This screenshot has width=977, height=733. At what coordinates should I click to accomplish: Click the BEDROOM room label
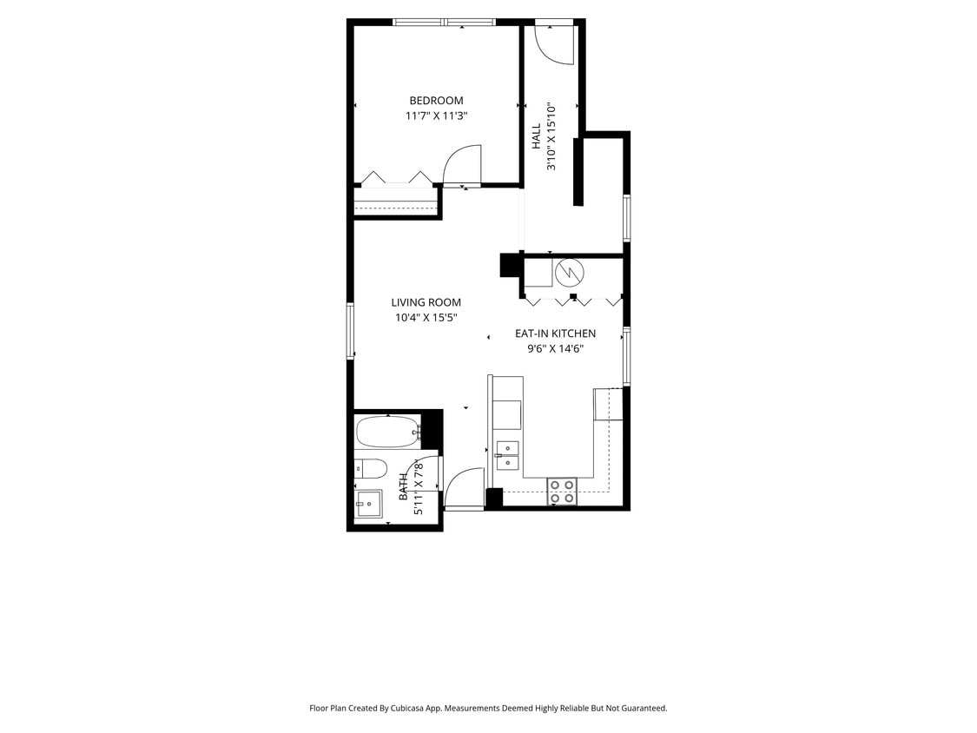[436, 101]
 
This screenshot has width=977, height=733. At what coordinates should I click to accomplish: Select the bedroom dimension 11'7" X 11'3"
[436, 116]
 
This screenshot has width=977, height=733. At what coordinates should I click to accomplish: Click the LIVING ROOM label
[426, 303]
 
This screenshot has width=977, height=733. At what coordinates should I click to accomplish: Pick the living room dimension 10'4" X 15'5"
[426, 318]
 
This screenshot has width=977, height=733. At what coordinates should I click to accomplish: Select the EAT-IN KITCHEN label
[555, 333]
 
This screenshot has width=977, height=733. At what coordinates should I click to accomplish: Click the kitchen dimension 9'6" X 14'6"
[555, 349]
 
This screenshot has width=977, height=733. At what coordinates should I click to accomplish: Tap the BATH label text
[404, 487]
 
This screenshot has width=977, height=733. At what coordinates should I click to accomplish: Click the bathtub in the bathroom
[388, 431]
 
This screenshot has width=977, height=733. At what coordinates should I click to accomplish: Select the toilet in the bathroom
[371, 469]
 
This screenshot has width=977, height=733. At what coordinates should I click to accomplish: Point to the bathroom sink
[369, 503]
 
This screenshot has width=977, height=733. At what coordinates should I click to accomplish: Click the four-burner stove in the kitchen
[562, 492]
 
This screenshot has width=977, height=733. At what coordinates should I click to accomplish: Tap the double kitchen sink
[507, 455]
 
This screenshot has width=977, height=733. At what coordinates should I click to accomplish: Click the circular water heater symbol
[570, 273]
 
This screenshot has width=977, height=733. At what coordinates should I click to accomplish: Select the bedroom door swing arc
[463, 164]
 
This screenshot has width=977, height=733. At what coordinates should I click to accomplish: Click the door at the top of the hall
[553, 43]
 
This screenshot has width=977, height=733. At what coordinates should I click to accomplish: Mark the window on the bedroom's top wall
[444, 22]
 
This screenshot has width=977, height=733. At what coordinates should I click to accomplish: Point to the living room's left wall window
[351, 330]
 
